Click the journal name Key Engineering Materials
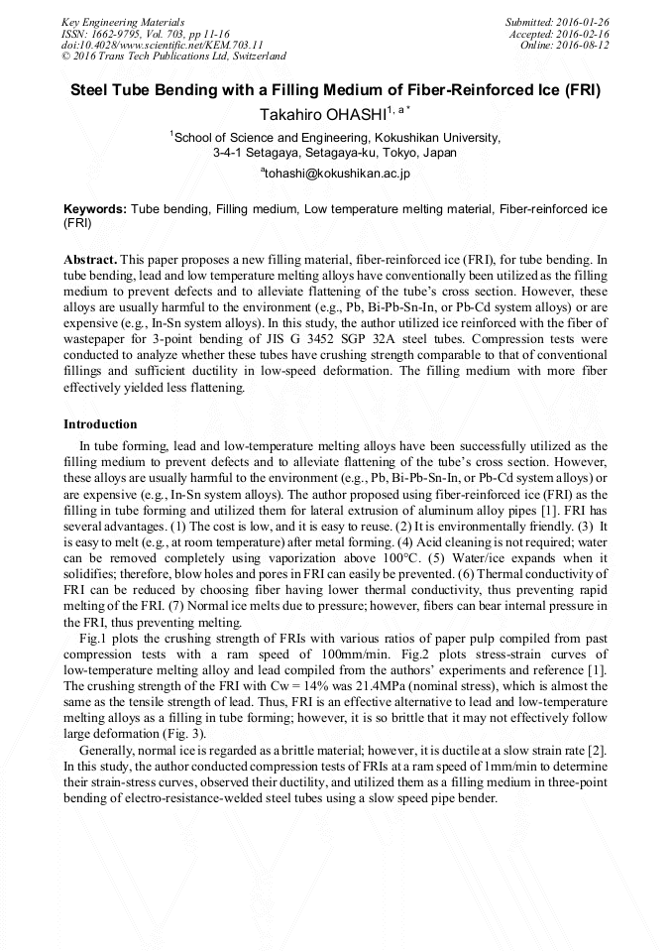click(x=123, y=22)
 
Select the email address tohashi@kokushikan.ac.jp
click(x=336, y=173)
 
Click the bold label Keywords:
click(x=95, y=209)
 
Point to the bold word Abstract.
click(x=90, y=258)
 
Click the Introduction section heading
click(x=100, y=424)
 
